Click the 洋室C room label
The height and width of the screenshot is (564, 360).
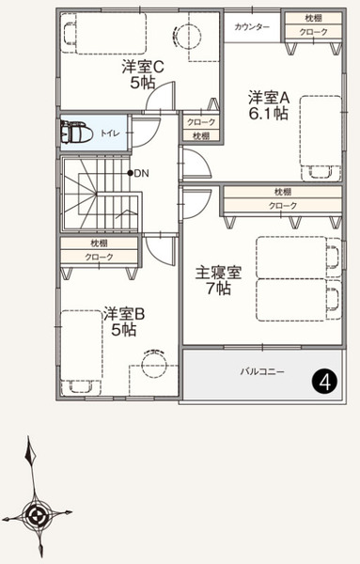coord(143,67)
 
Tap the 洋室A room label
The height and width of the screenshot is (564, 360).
coord(269,98)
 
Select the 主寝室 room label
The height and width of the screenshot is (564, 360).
coord(218,273)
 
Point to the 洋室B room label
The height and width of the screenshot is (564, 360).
coord(124,314)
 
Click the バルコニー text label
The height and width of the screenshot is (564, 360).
coord(262,371)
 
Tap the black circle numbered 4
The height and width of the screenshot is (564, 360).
coord(325,383)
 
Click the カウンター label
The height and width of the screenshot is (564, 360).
coord(252,27)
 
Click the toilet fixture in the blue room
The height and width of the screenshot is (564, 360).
coord(74,133)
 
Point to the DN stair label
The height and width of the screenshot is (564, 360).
coord(141,173)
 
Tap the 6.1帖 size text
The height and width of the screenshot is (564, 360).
coord(268,114)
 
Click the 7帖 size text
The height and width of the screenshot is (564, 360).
coord(218,289)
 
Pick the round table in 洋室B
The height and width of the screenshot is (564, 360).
coord(154,364)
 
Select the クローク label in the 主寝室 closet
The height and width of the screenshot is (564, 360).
coord(283,205)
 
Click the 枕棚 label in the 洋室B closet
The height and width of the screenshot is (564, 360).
coord(99,243)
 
